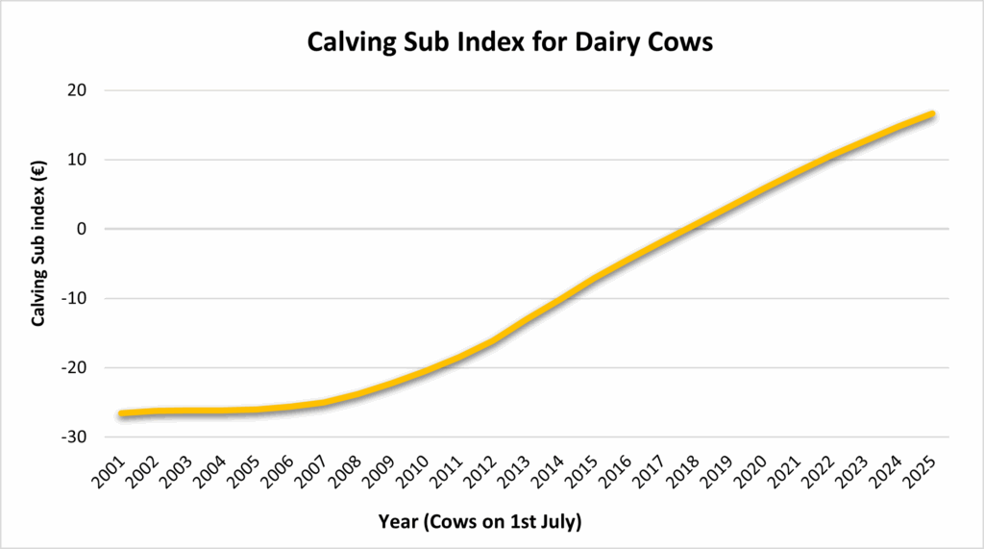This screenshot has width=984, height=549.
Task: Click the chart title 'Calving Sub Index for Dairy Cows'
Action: point(509,43)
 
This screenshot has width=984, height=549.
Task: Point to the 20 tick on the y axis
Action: point(76,90)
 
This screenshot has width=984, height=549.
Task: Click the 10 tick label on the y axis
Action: point(76,160)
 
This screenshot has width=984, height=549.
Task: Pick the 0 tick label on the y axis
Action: point(81,229)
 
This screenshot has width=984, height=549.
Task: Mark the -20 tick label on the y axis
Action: point(73,367)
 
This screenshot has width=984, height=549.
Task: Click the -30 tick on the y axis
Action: point(73,437)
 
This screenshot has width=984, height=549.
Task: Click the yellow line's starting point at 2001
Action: point(122,413)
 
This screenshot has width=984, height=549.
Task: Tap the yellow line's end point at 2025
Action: point(931,114)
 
